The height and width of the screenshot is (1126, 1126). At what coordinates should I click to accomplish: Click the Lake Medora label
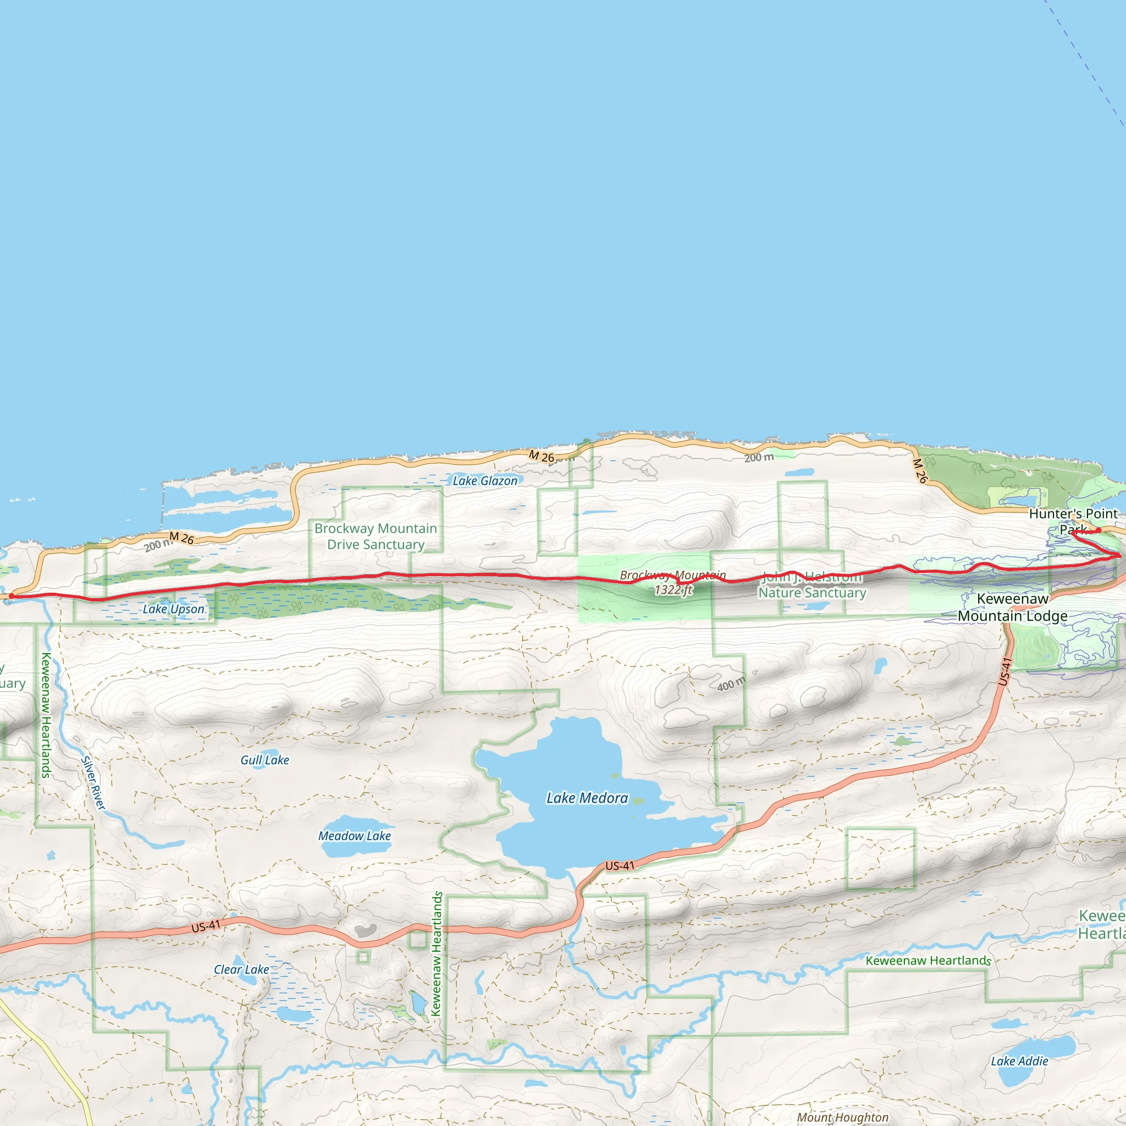click(587, 798)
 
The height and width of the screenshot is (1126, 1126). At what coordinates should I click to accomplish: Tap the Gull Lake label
click(264, 760)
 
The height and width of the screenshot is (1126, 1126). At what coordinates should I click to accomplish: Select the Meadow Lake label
click(355, 836)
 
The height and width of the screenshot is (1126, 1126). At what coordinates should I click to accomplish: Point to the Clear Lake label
click(241, 969)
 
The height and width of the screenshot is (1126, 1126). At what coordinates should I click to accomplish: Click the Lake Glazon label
click(485, 481)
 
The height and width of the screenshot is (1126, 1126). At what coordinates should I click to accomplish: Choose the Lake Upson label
click(174, 609)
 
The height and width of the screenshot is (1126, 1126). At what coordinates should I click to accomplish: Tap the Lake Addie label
click(1019, 1061)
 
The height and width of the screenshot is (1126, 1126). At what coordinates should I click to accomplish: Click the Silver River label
click(93, 783)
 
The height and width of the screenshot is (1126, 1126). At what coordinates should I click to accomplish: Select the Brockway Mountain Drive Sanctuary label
click(376, 536)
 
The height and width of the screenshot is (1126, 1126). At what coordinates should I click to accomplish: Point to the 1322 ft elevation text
click(673, 590)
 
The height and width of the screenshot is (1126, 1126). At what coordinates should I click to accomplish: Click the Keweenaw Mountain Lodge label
click(1012, 608)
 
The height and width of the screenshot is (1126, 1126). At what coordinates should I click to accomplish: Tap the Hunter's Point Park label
click(1073, 521)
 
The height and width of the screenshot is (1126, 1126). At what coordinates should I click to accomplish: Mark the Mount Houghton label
click(843, 1117)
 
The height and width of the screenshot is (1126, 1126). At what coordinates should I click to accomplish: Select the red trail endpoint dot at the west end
click(11, 595)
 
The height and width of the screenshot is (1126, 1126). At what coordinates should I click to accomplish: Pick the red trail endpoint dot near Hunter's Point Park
click(1099, 530)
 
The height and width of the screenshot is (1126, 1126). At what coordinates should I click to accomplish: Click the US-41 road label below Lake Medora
click(620, 866)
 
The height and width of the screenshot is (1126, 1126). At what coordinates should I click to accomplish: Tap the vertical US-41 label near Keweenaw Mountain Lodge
click(1003, 671)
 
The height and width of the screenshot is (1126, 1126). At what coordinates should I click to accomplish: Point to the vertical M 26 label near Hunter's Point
click(920, 471)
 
